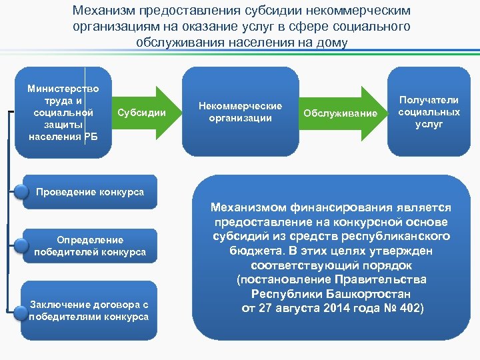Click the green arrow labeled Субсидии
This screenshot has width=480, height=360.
[x=141, y=113]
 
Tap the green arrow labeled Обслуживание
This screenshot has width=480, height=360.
[x=340, y=113]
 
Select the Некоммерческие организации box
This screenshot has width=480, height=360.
[x=239, y=111]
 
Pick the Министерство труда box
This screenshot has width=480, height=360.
[x=63, y=112]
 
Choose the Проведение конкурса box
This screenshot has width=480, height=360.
[x=90, y=192]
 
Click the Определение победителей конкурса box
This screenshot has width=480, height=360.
[x=90, y=245]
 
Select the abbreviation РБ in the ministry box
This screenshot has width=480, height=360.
[x=91, y=137]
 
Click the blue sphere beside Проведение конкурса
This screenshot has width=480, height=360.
[x=23, y=193]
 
